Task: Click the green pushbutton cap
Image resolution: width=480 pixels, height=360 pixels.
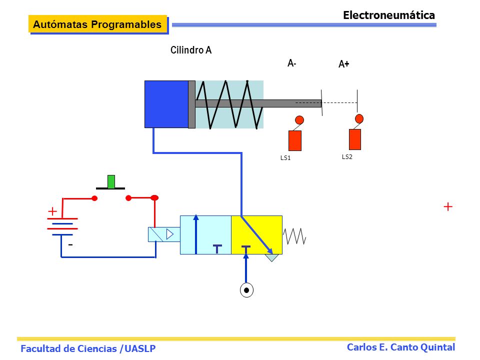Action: click(111, 181)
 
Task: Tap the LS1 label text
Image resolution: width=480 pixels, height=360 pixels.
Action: click(285, 158)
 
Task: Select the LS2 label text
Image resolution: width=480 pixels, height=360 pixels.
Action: click(347, 156)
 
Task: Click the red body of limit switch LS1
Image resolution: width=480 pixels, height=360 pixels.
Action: click(295, 140)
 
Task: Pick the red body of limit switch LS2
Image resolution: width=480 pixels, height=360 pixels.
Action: click(355, 139)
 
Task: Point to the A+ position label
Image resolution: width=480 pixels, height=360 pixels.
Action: click(344, 64)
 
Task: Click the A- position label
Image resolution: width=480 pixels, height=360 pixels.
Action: click(291, 63)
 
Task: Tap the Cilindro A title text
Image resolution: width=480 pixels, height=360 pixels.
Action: click(191, 50)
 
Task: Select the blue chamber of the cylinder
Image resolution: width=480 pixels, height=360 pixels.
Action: click(166, 104)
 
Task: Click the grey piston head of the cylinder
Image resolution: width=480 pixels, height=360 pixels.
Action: click(191, 104)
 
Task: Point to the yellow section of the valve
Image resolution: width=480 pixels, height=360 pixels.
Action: click(256, 235)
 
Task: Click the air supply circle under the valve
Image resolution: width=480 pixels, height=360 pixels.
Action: click(246, 290)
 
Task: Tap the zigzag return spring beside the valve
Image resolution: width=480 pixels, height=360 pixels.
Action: click(294, 236)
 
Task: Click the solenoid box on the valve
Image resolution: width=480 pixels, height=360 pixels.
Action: click(164, 234)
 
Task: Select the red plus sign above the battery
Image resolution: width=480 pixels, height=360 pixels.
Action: click(52, 211)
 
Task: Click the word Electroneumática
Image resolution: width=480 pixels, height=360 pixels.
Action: click(389, 15)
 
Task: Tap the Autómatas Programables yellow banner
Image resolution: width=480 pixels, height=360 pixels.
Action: click(97, 24)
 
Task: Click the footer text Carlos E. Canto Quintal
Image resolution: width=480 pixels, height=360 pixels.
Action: click(400, 347)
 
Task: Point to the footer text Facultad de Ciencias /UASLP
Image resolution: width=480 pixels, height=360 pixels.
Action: click(88, 348)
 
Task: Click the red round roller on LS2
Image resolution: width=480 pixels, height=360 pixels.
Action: click(359, 118)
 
